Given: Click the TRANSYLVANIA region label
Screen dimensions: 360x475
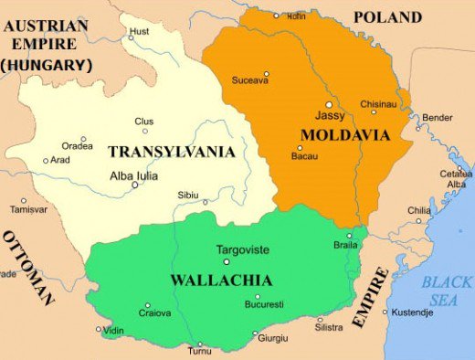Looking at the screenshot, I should [171, 151].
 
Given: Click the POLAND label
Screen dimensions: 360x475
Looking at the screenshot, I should [387, 16].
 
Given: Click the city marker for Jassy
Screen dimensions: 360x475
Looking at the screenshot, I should [329, 105].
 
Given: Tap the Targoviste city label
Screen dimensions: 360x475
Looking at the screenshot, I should [244, 249].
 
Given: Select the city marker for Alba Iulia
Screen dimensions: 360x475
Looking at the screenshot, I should [135, 185].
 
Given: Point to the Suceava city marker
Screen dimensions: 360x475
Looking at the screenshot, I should [267, 74].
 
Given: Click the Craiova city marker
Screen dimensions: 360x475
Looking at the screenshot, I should [148, 305].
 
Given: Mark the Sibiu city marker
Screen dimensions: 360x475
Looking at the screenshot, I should [206, 202].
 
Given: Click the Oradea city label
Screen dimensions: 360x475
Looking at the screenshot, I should [78, 144].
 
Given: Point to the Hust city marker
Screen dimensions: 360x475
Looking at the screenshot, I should [131, 37].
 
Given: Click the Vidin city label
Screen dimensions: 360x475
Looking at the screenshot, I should [114, 330].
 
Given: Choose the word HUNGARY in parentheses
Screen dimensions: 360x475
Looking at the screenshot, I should [47, 64].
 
